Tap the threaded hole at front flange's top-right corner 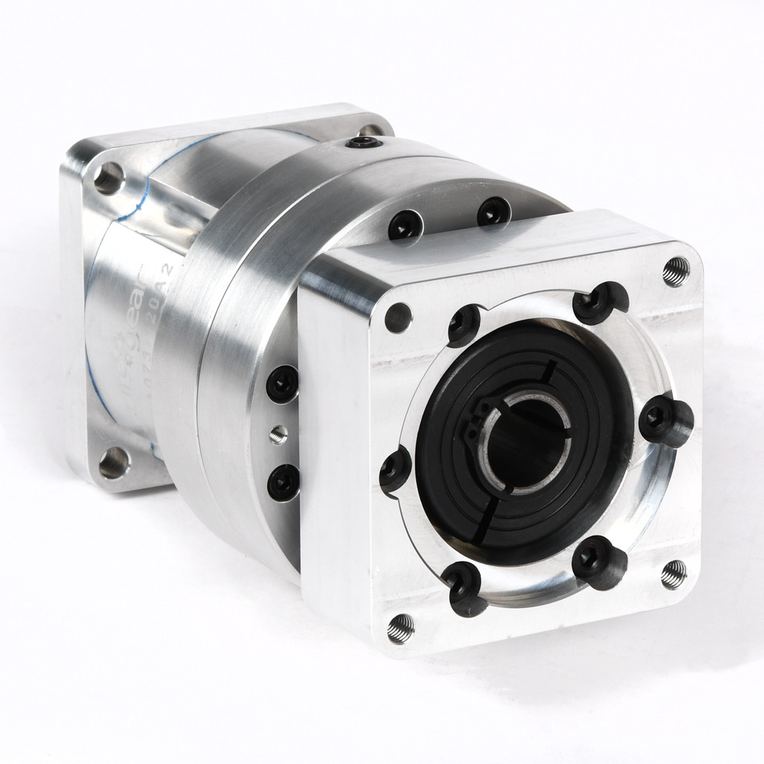[x=675, y=271]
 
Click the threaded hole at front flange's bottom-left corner [x=401, y=629]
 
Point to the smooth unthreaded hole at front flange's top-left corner [x=398, y=318]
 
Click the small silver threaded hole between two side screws [x=278, y=434]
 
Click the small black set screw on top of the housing [x=368, y=142]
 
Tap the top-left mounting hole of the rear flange [x=108, y=177]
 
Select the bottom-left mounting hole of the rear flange [x=113, y=463]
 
